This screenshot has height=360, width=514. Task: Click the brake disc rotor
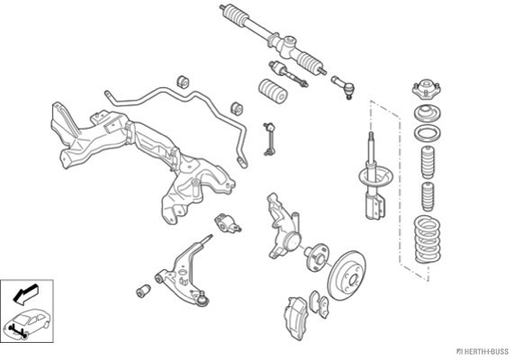pyautogui.click(x=347, y=275)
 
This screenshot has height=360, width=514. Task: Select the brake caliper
pyautogui.click(x=296, y=318)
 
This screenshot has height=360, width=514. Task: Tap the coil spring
pyautogui.click(x=427, y=239)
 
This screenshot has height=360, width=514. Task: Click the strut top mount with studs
pyautogui.click(x=426, y=88)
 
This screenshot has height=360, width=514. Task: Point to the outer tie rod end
pyautogui.click(x=344, y=87)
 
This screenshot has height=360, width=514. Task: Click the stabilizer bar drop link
pyautogui.click(x=269, y=139)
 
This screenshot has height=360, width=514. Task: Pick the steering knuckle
pyautogui.click(x=284, y=226)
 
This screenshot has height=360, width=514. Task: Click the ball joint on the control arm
pyautogui.click(x=203, y=299)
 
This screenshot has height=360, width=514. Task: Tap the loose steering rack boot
pyautogui.click(x=273, y=91)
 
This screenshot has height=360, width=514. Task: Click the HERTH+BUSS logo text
pyautogui.click(x=482, y=352)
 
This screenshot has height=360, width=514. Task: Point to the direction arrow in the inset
pyautogui.click(x=25, y=293)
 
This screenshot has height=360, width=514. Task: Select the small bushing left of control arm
pyautogui.click(x=143, y=291)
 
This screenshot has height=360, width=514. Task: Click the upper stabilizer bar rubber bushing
pyautogui.click(x=184, y=82)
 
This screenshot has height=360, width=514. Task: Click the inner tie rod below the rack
pyautogui.click(x=288, y=74)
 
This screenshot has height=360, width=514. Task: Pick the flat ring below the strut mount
pyautogui.click(x=427, y=133)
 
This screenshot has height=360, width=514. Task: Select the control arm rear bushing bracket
pyautogui.click(x=227, y=222)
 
